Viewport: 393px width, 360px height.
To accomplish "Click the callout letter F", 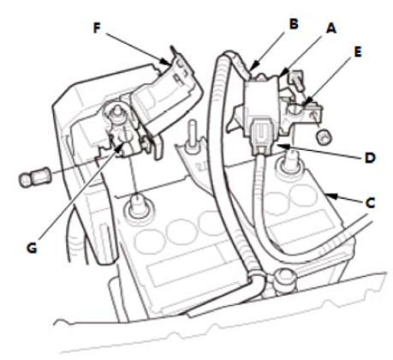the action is click(x=98, y=28).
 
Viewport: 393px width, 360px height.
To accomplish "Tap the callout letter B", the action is click(x=294, y=24).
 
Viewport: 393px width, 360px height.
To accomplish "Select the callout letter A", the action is click(x=331, y=28).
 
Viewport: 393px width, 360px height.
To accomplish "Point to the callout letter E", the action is click(x=357, y=52).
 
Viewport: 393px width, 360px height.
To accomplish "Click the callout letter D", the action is click(x=370, y=158).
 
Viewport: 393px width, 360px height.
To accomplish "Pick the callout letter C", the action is click(x=370, y=202).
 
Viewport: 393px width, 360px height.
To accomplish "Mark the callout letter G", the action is click(x=32, y=248).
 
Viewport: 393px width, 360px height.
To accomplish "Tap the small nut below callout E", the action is click(x=325, y=135).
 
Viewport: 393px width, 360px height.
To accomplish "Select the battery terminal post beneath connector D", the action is click(x=289, y=165).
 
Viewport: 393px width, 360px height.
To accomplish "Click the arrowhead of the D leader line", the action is click(x=281, y=147).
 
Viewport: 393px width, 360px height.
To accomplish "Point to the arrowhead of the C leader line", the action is click(x=329, y=195).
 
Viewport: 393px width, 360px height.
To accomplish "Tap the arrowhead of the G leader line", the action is click(x=121, y=147).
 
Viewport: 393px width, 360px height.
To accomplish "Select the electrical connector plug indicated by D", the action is click(x=261, y=137).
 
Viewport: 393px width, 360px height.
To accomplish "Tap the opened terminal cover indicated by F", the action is click(x=169, y=94).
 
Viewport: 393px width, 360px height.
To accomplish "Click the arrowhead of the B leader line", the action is click(x=251, y=68).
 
